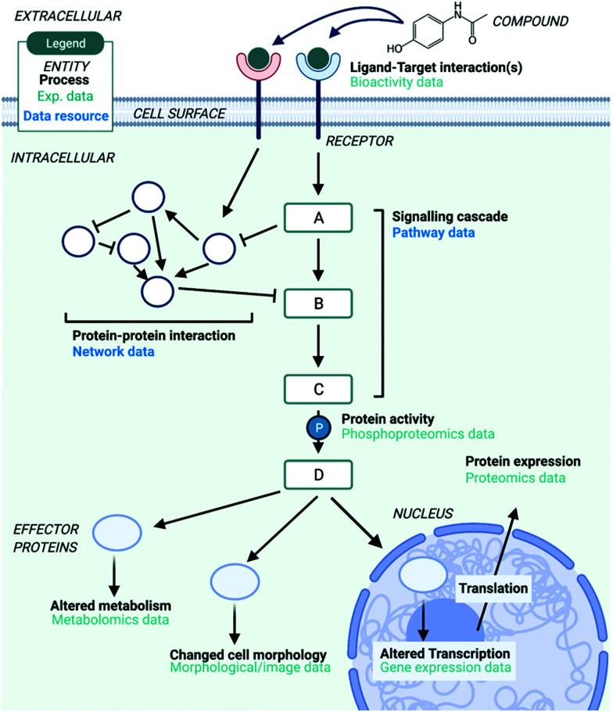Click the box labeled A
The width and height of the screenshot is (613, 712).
[x=318, y=218]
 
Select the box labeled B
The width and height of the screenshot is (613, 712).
[x=318, y=304]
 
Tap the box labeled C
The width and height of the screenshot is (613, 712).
[x=318, y=389]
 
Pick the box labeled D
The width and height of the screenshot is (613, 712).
[x=318, y=474]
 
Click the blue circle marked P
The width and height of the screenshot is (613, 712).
[x=318, y=428]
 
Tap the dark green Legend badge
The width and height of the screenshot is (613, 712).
[x=66, y=43]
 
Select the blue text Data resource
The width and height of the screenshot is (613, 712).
[x=66, y=116]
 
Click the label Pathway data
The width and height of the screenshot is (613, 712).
[x=433, y=232]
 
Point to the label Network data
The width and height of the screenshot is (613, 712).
[x=113, y=351]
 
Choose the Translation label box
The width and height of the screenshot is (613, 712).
[x=493, y=588]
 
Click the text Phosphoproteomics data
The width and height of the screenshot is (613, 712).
[x=418, y=433]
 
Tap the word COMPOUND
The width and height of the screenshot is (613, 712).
[x=530, y=21]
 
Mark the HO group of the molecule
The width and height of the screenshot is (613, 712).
[x=395, y=49]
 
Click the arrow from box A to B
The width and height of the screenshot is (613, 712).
[x=318, y=260]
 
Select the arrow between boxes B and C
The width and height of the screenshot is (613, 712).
[x=318, y=346]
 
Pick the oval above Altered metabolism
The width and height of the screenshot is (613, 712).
[x=117, y=532]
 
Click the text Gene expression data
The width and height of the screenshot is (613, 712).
[x=446, y=667]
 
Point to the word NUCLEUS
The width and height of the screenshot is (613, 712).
[x=423, y=513]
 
